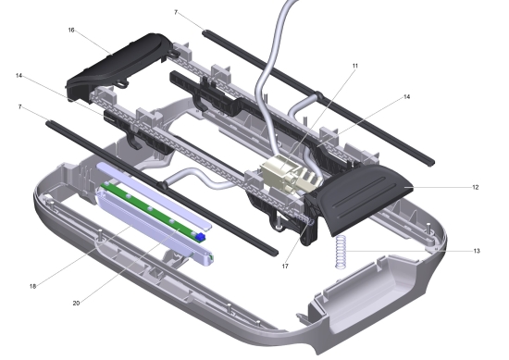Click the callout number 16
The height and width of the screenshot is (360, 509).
click(x=71, y=31)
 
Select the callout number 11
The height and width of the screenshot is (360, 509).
click(x=355, y=66)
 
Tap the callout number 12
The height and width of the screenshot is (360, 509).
click(x=476, y=187)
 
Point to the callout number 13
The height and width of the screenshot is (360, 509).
click(x=477, y=251)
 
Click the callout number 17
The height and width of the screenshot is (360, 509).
click(x=285, y=267)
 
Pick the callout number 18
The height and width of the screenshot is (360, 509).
click(x=32, y=286)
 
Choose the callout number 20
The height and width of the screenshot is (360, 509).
click(x=76, y=304)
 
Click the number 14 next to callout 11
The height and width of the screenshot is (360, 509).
click(x=407, y=97)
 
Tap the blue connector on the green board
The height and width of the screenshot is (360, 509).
click(x=201, y=237)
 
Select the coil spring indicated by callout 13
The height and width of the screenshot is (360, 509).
click(x=341, y=252)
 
